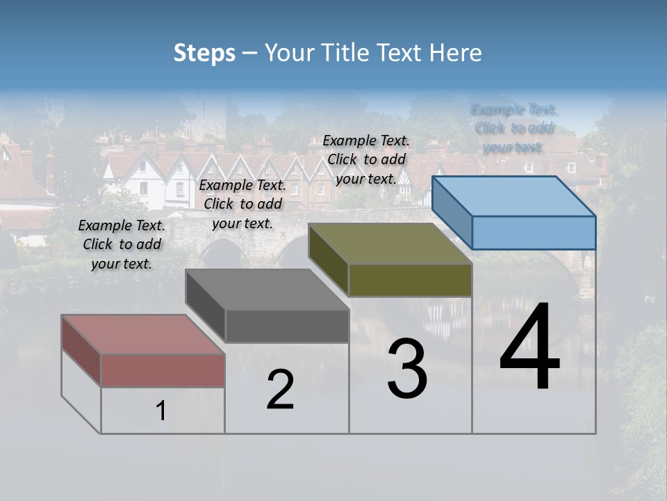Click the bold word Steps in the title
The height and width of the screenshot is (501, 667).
[204, 53]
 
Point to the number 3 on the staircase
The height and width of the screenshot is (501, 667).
[407, 368]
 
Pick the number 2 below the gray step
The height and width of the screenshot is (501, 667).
[280, 390]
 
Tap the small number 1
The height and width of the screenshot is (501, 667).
[160, 411]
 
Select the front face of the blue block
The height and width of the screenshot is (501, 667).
[534, 232]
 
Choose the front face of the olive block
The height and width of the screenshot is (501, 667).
[410, 280]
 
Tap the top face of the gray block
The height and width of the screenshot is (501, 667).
[267, 289]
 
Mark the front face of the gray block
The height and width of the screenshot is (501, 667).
[287, 326]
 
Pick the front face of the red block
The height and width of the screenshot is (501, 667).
[163, 370]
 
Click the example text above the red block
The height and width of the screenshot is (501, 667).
[122, 244]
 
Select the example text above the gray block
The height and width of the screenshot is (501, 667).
[242, 204]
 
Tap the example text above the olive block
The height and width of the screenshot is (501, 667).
[366, 159]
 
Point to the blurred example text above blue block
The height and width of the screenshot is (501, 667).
[514, 128]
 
